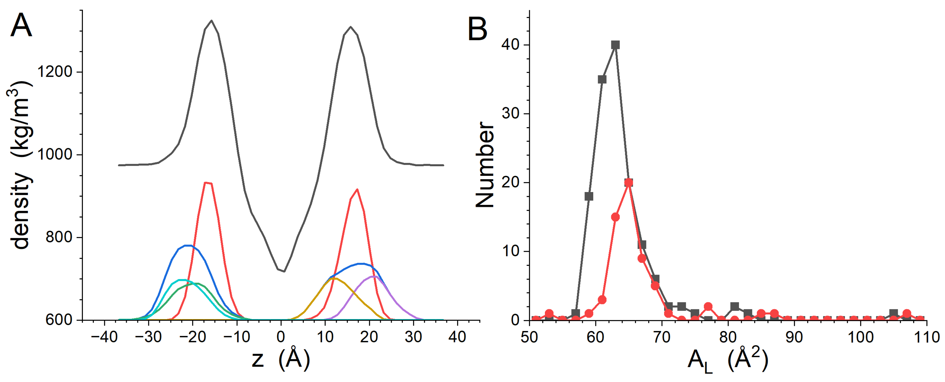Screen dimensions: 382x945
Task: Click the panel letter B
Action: click(477, 29)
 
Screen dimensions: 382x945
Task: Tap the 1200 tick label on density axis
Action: click(55, 71)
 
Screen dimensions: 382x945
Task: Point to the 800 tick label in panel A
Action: click(59, 237)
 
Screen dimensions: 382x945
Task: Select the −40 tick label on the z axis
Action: click(104, 337)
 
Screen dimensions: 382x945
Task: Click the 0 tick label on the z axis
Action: click(281, 337)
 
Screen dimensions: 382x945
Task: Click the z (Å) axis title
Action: click(281, 359)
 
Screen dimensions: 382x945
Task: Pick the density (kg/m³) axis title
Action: click(20, 165)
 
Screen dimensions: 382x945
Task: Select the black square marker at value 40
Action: click(615, 45)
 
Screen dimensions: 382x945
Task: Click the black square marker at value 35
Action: click(602, 79)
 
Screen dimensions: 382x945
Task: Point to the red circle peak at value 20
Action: click(629, 182)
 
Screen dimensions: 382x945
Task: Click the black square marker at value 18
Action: click(589, 197)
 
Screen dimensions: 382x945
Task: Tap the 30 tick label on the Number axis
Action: click(510, 114)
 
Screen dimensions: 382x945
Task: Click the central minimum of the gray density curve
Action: click(284, 271)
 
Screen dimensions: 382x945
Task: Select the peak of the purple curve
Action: click(373, 276)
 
